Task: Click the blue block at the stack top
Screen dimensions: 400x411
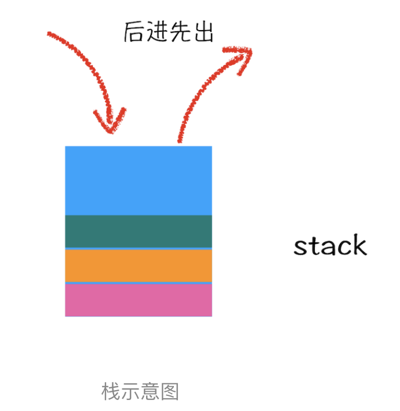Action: (138, 180)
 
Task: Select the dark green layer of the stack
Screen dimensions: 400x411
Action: (138, 231)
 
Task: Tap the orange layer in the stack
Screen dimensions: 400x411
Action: (138, 265)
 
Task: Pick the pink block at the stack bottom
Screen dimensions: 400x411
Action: (138, 300)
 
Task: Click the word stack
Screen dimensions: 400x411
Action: (330, 245)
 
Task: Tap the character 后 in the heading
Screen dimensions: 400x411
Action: (134, 32)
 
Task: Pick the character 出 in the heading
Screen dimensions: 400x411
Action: (203, 32)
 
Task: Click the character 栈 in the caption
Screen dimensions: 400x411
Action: (111, 392)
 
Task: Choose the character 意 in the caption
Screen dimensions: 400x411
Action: (150, 392)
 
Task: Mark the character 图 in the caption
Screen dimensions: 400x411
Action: (169, 392)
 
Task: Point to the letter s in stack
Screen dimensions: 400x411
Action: (300, 247)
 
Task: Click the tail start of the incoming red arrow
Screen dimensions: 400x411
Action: (50, 34)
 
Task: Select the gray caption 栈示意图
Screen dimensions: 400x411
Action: (140, 392)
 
